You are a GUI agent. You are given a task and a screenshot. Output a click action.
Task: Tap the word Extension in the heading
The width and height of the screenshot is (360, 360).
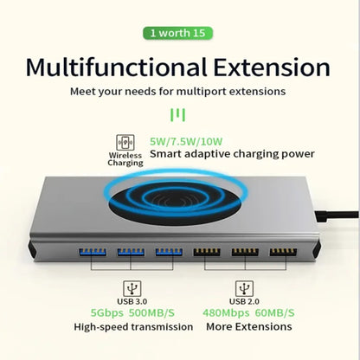tap(275, 67)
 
